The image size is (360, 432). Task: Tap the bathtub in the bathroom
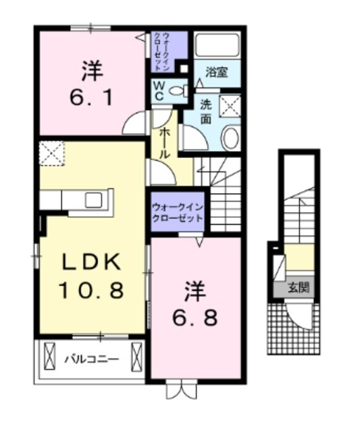(x=217, y=45)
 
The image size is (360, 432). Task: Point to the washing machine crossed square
(x=230, y=106)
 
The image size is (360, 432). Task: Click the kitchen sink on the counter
(x=93, y=200)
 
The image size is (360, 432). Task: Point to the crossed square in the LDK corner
(x=51, y=154)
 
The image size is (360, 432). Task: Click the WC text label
(x=157, y=90)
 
